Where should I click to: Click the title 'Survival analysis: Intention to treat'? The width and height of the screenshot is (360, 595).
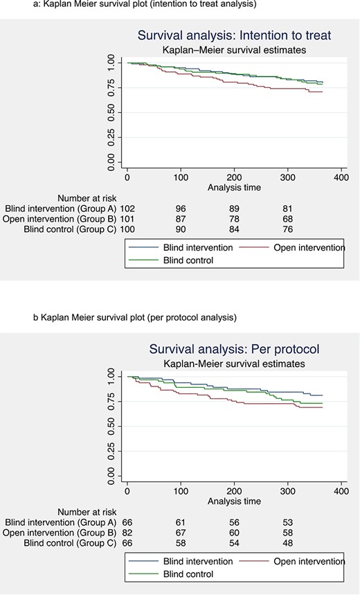tap(234, 35)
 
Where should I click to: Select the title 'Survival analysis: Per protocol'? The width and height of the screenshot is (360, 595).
tap(234, 349)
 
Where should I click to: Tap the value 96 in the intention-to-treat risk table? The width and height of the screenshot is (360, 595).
tap(181, 208)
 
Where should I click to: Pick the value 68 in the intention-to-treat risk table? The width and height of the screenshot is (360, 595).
tap(287, 219)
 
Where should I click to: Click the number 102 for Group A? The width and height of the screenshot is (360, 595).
tap(127, 208)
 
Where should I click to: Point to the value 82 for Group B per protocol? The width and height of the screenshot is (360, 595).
tap(127, 533)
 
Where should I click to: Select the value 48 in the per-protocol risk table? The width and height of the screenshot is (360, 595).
tap(287, 543)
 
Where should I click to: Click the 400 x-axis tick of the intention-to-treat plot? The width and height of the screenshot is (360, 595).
tap(341, 177)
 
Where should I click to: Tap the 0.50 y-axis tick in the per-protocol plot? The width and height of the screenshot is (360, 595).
tap(111, 426)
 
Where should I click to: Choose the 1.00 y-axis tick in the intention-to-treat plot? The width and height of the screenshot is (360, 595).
tap(111, 62)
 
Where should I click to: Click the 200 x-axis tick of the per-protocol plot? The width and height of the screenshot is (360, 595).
tap(234, 491)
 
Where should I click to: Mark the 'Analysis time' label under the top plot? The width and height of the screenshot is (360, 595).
tap(234, 188)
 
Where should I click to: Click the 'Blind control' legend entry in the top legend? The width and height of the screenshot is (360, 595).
tap(188, 260)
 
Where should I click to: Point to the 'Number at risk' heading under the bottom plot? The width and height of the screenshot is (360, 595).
tap(87, 513)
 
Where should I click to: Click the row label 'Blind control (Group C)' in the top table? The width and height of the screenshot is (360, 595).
tap(70, 229)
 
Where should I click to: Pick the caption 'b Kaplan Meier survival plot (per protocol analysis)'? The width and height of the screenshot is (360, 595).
tap(135, 317)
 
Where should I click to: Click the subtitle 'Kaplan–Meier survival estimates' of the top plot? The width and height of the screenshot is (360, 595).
tap(234, 50)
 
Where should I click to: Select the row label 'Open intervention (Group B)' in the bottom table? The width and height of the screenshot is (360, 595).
tap(60, 533)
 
